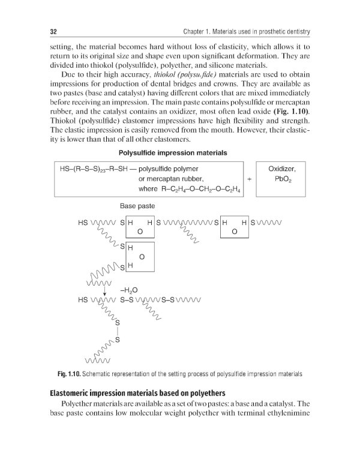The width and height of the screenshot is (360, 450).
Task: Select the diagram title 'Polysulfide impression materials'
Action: tap(173, 153)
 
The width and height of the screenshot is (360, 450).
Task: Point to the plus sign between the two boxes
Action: tap(248, 179)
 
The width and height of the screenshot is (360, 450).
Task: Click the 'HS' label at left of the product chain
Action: tap(83, 299)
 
